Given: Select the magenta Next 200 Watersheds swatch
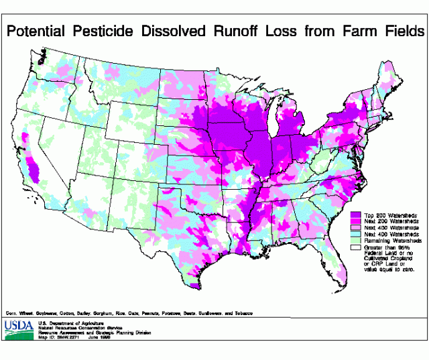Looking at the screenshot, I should (x=357, y=221).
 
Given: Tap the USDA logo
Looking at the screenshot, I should (x=18, y=328).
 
